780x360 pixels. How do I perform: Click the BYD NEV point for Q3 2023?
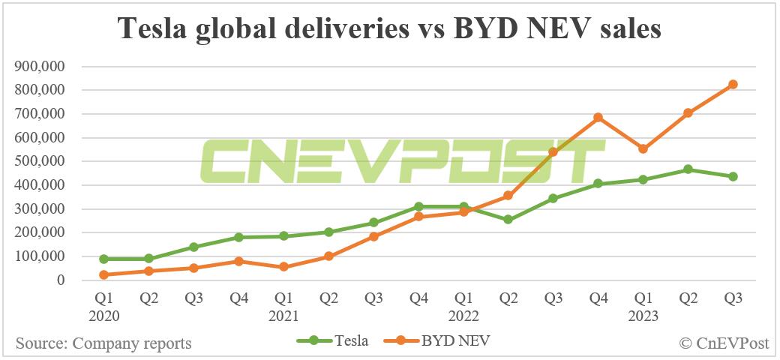[x=733, y=84]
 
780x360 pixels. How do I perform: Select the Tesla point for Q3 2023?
[x=733, y=177]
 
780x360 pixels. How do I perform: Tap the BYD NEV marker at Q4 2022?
[x=598, y=118]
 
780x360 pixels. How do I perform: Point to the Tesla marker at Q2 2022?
[x=508, y=220]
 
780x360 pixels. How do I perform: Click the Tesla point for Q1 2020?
[x=104, y=259]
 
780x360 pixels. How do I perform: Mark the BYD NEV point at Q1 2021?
[x=283, y=267]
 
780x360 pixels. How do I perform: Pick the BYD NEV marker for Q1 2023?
[x=643, y=149]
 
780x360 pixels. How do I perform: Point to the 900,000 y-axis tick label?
[x=40, y=67]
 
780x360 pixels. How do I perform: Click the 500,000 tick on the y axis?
[x=40, y=161]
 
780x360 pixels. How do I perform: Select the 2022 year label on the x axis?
[x=463, y=316]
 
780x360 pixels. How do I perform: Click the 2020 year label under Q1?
[x=104, y=316]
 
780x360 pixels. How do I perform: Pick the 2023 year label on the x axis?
[x=643, y=316]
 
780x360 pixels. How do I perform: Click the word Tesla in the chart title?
[x=154, y=28]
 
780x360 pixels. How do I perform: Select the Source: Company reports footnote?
[x=103, y=343]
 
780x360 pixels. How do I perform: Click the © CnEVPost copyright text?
[x=724, y=343]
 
